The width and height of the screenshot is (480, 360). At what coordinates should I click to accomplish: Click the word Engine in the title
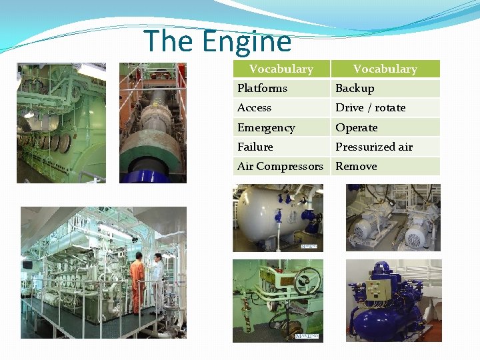coord(247,41)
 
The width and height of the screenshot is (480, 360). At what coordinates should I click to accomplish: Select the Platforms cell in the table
coord(262,88)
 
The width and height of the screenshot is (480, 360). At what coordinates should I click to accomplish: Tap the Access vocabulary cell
coord(254,107)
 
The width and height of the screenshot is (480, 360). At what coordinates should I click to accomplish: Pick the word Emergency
coord(265,127)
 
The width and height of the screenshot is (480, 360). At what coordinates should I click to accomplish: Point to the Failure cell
coord(255,147)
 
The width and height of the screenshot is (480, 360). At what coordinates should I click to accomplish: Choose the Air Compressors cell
coord(280,166)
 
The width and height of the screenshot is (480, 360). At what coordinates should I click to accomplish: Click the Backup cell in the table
coord(355,88)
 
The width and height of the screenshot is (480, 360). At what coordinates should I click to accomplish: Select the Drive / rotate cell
coord(370,107)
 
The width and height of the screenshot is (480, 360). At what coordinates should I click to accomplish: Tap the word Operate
coord(356,127)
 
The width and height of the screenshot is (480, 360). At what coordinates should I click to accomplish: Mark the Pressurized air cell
coord(373,147)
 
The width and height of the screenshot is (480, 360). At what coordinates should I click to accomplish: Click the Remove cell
coord(356,166)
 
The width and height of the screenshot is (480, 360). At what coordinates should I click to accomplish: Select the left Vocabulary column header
coord(281,69)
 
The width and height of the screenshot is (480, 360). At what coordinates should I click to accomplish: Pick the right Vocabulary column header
coord(385,69)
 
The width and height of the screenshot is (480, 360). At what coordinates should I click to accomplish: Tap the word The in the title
coord(169,41)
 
